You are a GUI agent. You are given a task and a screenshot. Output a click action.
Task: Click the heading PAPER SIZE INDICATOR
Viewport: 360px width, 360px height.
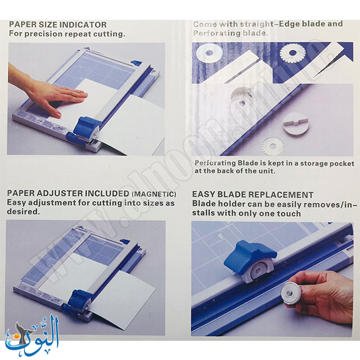58,25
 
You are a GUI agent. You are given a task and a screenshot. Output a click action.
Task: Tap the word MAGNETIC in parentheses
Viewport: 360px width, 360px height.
154,194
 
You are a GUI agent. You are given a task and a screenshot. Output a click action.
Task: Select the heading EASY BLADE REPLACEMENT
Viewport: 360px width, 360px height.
253,194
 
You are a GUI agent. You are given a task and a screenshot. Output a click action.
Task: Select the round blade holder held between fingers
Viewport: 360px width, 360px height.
290,295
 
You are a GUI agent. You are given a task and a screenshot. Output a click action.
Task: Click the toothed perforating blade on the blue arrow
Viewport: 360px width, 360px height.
292,53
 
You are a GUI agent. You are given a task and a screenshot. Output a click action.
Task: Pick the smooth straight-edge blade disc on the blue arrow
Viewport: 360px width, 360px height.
209,53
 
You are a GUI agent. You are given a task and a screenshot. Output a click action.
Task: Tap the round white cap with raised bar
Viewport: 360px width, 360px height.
295,125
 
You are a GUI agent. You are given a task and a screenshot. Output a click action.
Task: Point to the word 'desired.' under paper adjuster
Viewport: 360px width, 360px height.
23,211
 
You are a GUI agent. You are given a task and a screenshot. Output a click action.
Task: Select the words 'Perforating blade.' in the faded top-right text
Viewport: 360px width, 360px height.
230,33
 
